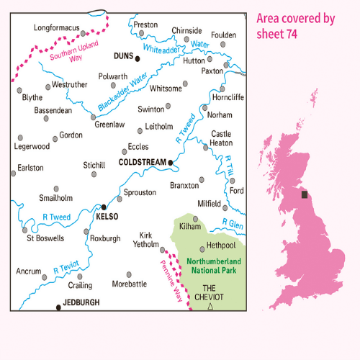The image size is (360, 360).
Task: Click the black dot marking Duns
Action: [137, 59]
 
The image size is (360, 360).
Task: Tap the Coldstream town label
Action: [141, 163]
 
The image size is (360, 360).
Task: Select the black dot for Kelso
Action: [104, 207]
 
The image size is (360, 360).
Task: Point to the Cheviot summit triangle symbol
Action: [210, 307]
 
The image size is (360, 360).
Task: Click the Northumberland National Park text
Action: [211, 266]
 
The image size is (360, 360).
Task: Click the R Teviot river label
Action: [66, 266]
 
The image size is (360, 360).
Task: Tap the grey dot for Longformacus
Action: [83, 32]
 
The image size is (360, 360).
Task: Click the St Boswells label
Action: [45, 238]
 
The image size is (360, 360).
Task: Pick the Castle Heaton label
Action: [221, 138]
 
